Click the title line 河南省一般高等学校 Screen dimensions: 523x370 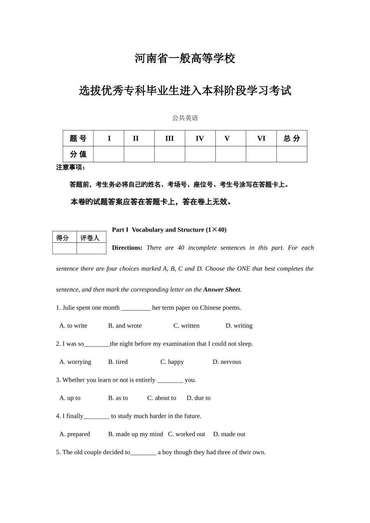185,59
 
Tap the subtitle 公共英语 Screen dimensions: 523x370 185,118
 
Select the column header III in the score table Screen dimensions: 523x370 169,139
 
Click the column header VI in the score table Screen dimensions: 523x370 261,139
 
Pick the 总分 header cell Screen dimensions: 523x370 292,139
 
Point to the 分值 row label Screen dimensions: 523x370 78,154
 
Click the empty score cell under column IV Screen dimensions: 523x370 200,154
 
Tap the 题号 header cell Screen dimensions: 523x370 78,139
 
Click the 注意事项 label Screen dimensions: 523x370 70,167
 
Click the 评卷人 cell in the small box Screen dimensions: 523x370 90,238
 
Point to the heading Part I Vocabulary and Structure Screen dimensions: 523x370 169,230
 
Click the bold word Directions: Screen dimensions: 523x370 127,248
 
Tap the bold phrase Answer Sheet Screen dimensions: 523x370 222,290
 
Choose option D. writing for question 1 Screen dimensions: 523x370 239,326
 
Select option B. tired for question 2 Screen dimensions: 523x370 118,362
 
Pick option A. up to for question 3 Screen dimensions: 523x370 70,398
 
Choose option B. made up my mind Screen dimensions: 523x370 136,434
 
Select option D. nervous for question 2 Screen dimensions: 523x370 227,362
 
